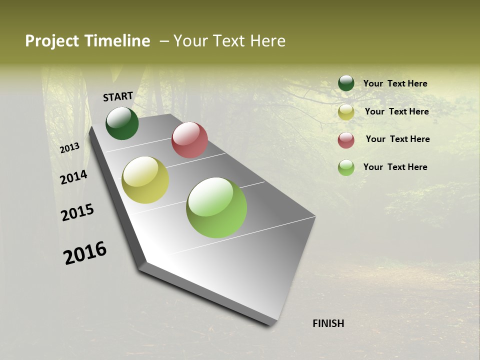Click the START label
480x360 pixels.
[118, 96]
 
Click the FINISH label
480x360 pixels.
[328, 323]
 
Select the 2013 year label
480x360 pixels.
[70, 148]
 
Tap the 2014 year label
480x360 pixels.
[73, 177]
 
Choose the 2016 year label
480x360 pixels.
[85, 252]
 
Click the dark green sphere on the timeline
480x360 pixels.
[122, 123]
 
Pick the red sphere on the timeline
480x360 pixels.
[189, 140]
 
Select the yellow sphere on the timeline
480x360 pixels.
[145, 180]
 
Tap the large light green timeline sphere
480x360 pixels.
[216, 207]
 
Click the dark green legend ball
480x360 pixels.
[346, 83]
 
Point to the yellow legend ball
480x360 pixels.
[346, 112]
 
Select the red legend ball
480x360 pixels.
[346, 140]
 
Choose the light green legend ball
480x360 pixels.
[346, 167]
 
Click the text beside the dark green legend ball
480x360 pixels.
[395, 83]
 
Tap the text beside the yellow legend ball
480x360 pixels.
[396, 111]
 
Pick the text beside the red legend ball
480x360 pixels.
[397, 139]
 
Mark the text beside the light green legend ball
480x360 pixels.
[395, 167]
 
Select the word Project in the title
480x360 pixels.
[50, 41]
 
